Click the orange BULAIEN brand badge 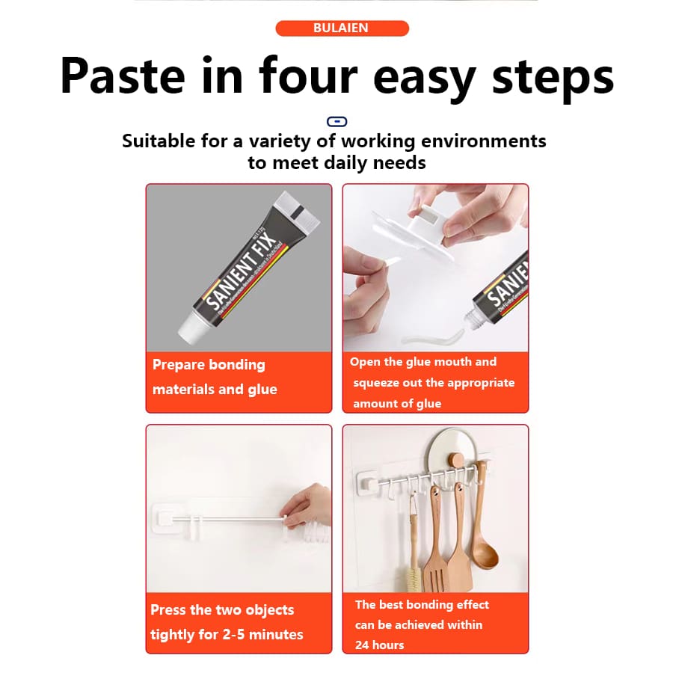[342, 28]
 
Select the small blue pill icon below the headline [337, 121]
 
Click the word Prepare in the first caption [179, 365]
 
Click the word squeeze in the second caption [378, 383]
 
